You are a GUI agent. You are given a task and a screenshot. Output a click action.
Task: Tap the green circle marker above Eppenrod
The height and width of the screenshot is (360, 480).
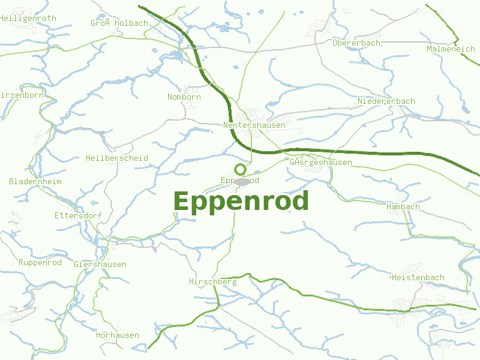click(241, 169)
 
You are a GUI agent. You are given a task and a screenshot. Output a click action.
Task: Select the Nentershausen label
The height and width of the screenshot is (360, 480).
click(254, 125)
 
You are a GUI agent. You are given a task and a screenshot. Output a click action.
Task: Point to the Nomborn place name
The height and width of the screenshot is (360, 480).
click(184, 97)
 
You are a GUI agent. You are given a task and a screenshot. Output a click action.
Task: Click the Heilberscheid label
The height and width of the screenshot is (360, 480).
click(117, 158)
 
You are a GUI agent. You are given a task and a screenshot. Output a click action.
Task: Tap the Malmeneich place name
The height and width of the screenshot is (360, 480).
click(451, 49)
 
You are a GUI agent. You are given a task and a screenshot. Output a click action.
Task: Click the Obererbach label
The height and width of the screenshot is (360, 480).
click(356, 43)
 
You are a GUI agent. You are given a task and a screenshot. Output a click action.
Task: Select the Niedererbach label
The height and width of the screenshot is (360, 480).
click(386, 101)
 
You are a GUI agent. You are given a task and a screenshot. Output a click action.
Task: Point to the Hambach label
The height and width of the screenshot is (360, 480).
click(403, 206)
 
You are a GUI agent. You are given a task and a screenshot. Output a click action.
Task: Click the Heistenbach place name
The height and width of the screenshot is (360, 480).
click(418, 277)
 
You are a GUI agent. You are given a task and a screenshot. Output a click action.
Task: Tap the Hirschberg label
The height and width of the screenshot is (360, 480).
click(212, 281)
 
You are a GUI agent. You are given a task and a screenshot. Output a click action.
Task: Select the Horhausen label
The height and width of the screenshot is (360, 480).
click(118, 335)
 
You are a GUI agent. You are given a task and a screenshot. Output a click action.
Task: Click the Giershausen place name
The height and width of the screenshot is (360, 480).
click(100, 264)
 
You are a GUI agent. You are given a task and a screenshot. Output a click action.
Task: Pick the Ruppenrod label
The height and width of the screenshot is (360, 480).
click(40, 262)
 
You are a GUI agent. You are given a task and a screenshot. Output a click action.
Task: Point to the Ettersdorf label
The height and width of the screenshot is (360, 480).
click(78, 215)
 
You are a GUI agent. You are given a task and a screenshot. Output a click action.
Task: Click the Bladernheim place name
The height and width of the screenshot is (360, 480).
click(35, 181)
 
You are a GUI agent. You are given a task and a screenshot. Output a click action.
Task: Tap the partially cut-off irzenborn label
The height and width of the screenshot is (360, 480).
click(22, 95)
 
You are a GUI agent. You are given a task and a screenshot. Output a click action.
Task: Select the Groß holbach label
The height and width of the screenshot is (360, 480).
click(119, 23)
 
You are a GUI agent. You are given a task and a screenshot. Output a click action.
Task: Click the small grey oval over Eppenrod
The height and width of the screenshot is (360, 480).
click(242, 181)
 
